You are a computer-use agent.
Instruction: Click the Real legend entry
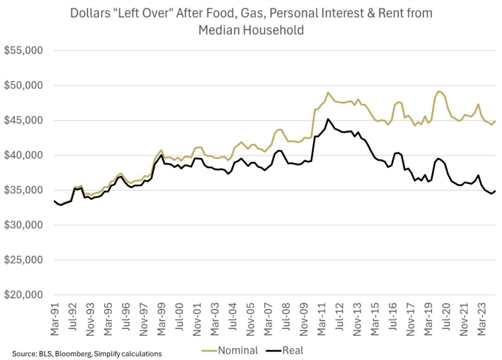pos(293,350)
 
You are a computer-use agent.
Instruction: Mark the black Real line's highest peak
pos(328,119)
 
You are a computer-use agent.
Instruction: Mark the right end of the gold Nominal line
pos(495,121)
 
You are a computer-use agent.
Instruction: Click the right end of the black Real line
pos(495,191)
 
